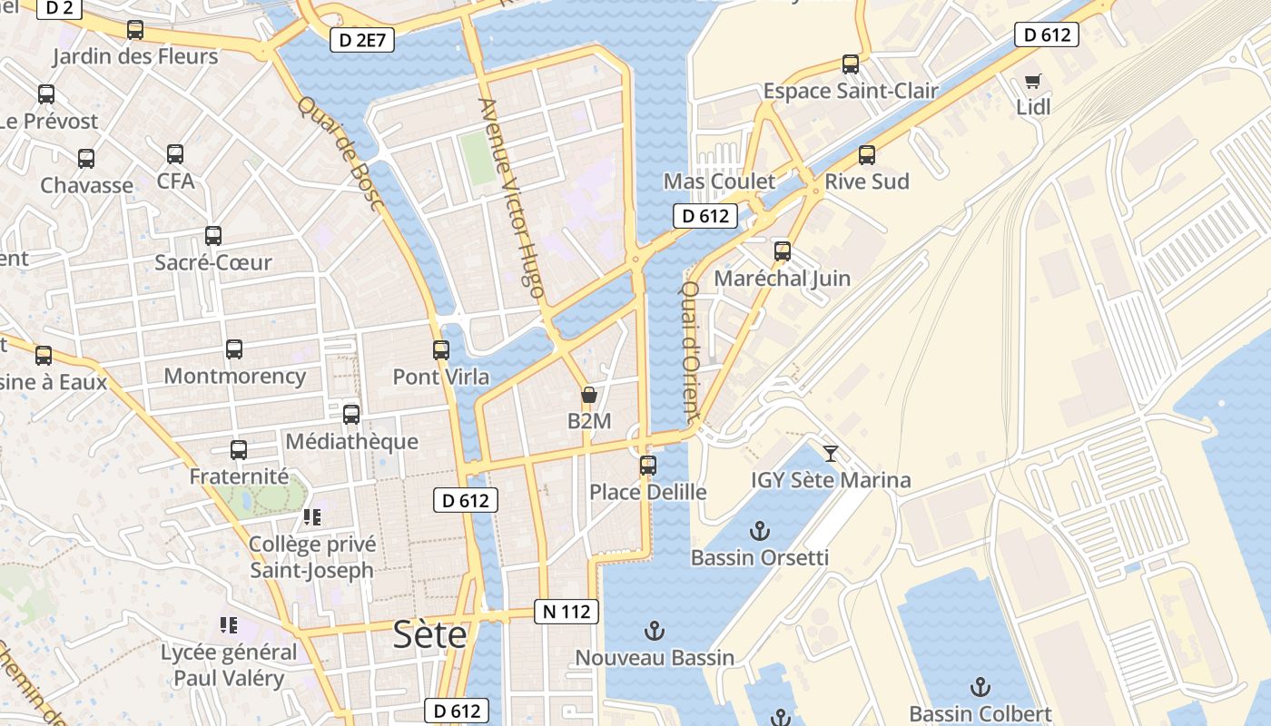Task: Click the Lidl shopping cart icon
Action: pos(1032,81)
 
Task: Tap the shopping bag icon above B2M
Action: pos(588,395)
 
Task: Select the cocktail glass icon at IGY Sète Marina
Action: pos(830,453)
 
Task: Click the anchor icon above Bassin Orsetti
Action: pos(759,531)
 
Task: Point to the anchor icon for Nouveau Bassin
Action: pos(654,631)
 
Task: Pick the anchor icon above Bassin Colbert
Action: pos(980,687)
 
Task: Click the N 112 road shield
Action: pos(567,612)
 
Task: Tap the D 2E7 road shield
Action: pos(361,39)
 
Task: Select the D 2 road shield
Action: pos(60,9)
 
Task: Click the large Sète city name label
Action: pos(429,634)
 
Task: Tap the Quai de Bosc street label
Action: pos(340,153)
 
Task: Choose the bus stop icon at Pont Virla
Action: pos(441,349)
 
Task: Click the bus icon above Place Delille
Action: pos(647,466)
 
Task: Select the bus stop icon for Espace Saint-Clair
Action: pos(850,64)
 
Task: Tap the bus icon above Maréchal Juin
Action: pos(782,251)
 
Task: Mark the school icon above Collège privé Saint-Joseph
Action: pos(312,517)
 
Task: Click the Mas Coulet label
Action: pos(719,181)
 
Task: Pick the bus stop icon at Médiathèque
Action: pos(351,415)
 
